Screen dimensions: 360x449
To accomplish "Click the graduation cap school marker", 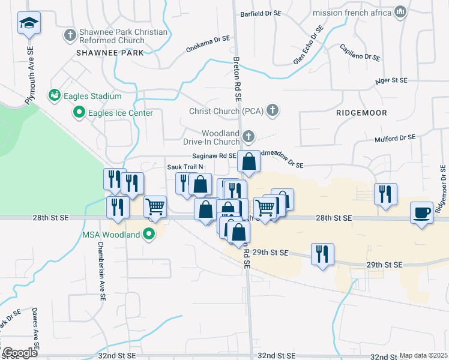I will click(x=29, y=23).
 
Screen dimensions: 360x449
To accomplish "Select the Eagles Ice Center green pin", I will click(x=79, y=112).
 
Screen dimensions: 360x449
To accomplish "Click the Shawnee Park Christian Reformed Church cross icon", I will click(x=70, y=35).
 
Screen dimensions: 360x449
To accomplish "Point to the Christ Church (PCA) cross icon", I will click(x=273, y=111).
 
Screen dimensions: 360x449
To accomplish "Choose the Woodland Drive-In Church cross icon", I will click(x=248, y=137).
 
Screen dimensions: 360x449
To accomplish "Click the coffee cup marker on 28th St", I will click(x=422, y=213).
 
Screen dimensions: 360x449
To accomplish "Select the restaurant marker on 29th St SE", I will click(x=322, y=254).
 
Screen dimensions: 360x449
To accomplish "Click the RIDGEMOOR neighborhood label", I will click(x=361, y=113).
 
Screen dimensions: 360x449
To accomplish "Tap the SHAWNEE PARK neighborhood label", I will click(x=110, y=53).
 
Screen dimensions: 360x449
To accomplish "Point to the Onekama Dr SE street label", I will click(x=208, y=38).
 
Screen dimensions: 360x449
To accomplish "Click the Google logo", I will click(x=20, y=353).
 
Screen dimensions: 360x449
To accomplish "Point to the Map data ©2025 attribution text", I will click(x=423, y=355).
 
